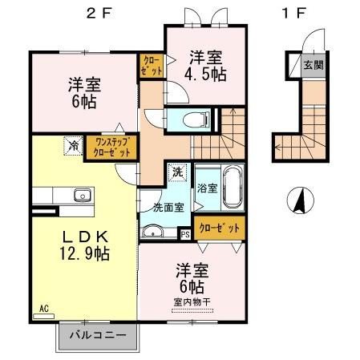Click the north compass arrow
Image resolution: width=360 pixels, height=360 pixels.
point(300,199)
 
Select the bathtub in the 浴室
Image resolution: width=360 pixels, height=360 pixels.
point(233,186)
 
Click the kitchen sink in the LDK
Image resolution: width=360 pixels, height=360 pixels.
point(81,195)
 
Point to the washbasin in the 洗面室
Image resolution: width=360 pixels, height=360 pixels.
point(154,233)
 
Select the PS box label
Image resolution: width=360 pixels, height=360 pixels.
point(185,234)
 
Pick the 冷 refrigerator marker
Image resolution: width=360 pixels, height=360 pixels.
point(74,146)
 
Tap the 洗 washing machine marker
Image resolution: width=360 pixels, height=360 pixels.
point(177,172)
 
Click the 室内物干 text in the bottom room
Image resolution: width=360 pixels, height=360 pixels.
point(190,301)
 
